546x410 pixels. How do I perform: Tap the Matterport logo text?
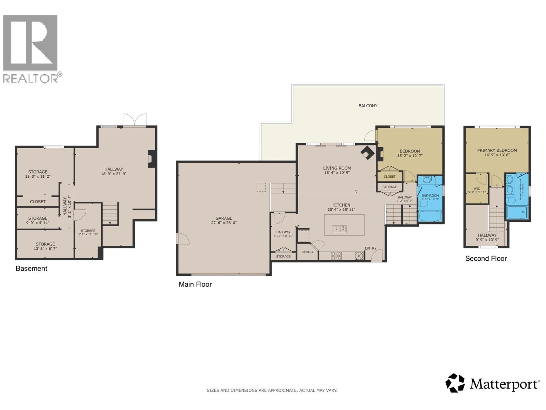(504, 384)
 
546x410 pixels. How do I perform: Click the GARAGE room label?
(224, 218)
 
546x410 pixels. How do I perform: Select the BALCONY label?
(368, 106)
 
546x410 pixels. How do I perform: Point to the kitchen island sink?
(340, 229)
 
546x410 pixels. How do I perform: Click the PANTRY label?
(307, 252)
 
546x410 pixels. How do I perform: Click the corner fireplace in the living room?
(367, 153)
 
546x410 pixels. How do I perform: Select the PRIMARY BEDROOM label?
(497, 150)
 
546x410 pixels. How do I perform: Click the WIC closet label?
(477, 189)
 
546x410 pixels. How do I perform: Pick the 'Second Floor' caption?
(486, 259)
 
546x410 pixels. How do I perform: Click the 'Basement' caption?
(31, 269)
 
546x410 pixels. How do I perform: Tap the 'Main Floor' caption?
(195, 284)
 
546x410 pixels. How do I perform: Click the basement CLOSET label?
(38, 202)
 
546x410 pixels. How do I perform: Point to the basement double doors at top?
(135, 120)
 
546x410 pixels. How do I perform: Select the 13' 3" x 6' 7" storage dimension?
(45, 249)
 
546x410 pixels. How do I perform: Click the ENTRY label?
(371, 248)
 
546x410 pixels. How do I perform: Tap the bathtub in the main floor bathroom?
(430, 216)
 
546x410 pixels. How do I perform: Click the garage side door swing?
(183, 238)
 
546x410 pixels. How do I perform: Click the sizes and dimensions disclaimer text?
(272, 390)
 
